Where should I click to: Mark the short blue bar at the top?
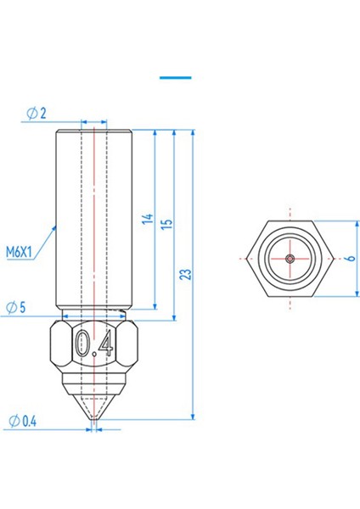coord(176,77)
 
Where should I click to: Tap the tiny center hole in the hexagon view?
coord(290,258)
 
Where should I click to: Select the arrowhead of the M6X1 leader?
coord(55,227)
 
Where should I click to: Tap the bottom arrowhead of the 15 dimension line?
coord(174,315)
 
